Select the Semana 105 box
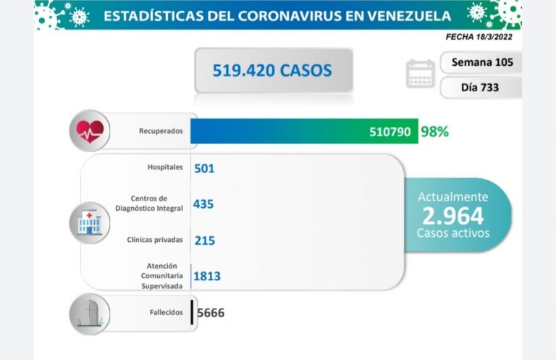pyautogui.click(x=481, y=62)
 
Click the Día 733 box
pyautogui.click(x=481, y=88)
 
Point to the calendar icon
pyautogui.click(x=421, y=74)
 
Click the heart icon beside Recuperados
pyautogui.click(x=90, y=131)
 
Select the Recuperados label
pyautogui.click(x=161, y=132)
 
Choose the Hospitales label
pyautogui.click(x=164, y=168)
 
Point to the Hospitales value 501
pyautogui.click(x=205, y=169)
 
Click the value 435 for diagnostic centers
pyautogui.click(x=203, y=204)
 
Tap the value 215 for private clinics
pyautogui.click(x=205, y=240)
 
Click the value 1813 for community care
pyautogui.click(x=207, y=275)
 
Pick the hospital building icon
pyautogui.click(x=89, y=222)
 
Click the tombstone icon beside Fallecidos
pyautogui.click(x=90, y=313)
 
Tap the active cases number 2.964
pyautogui.click(x=453, y=215)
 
